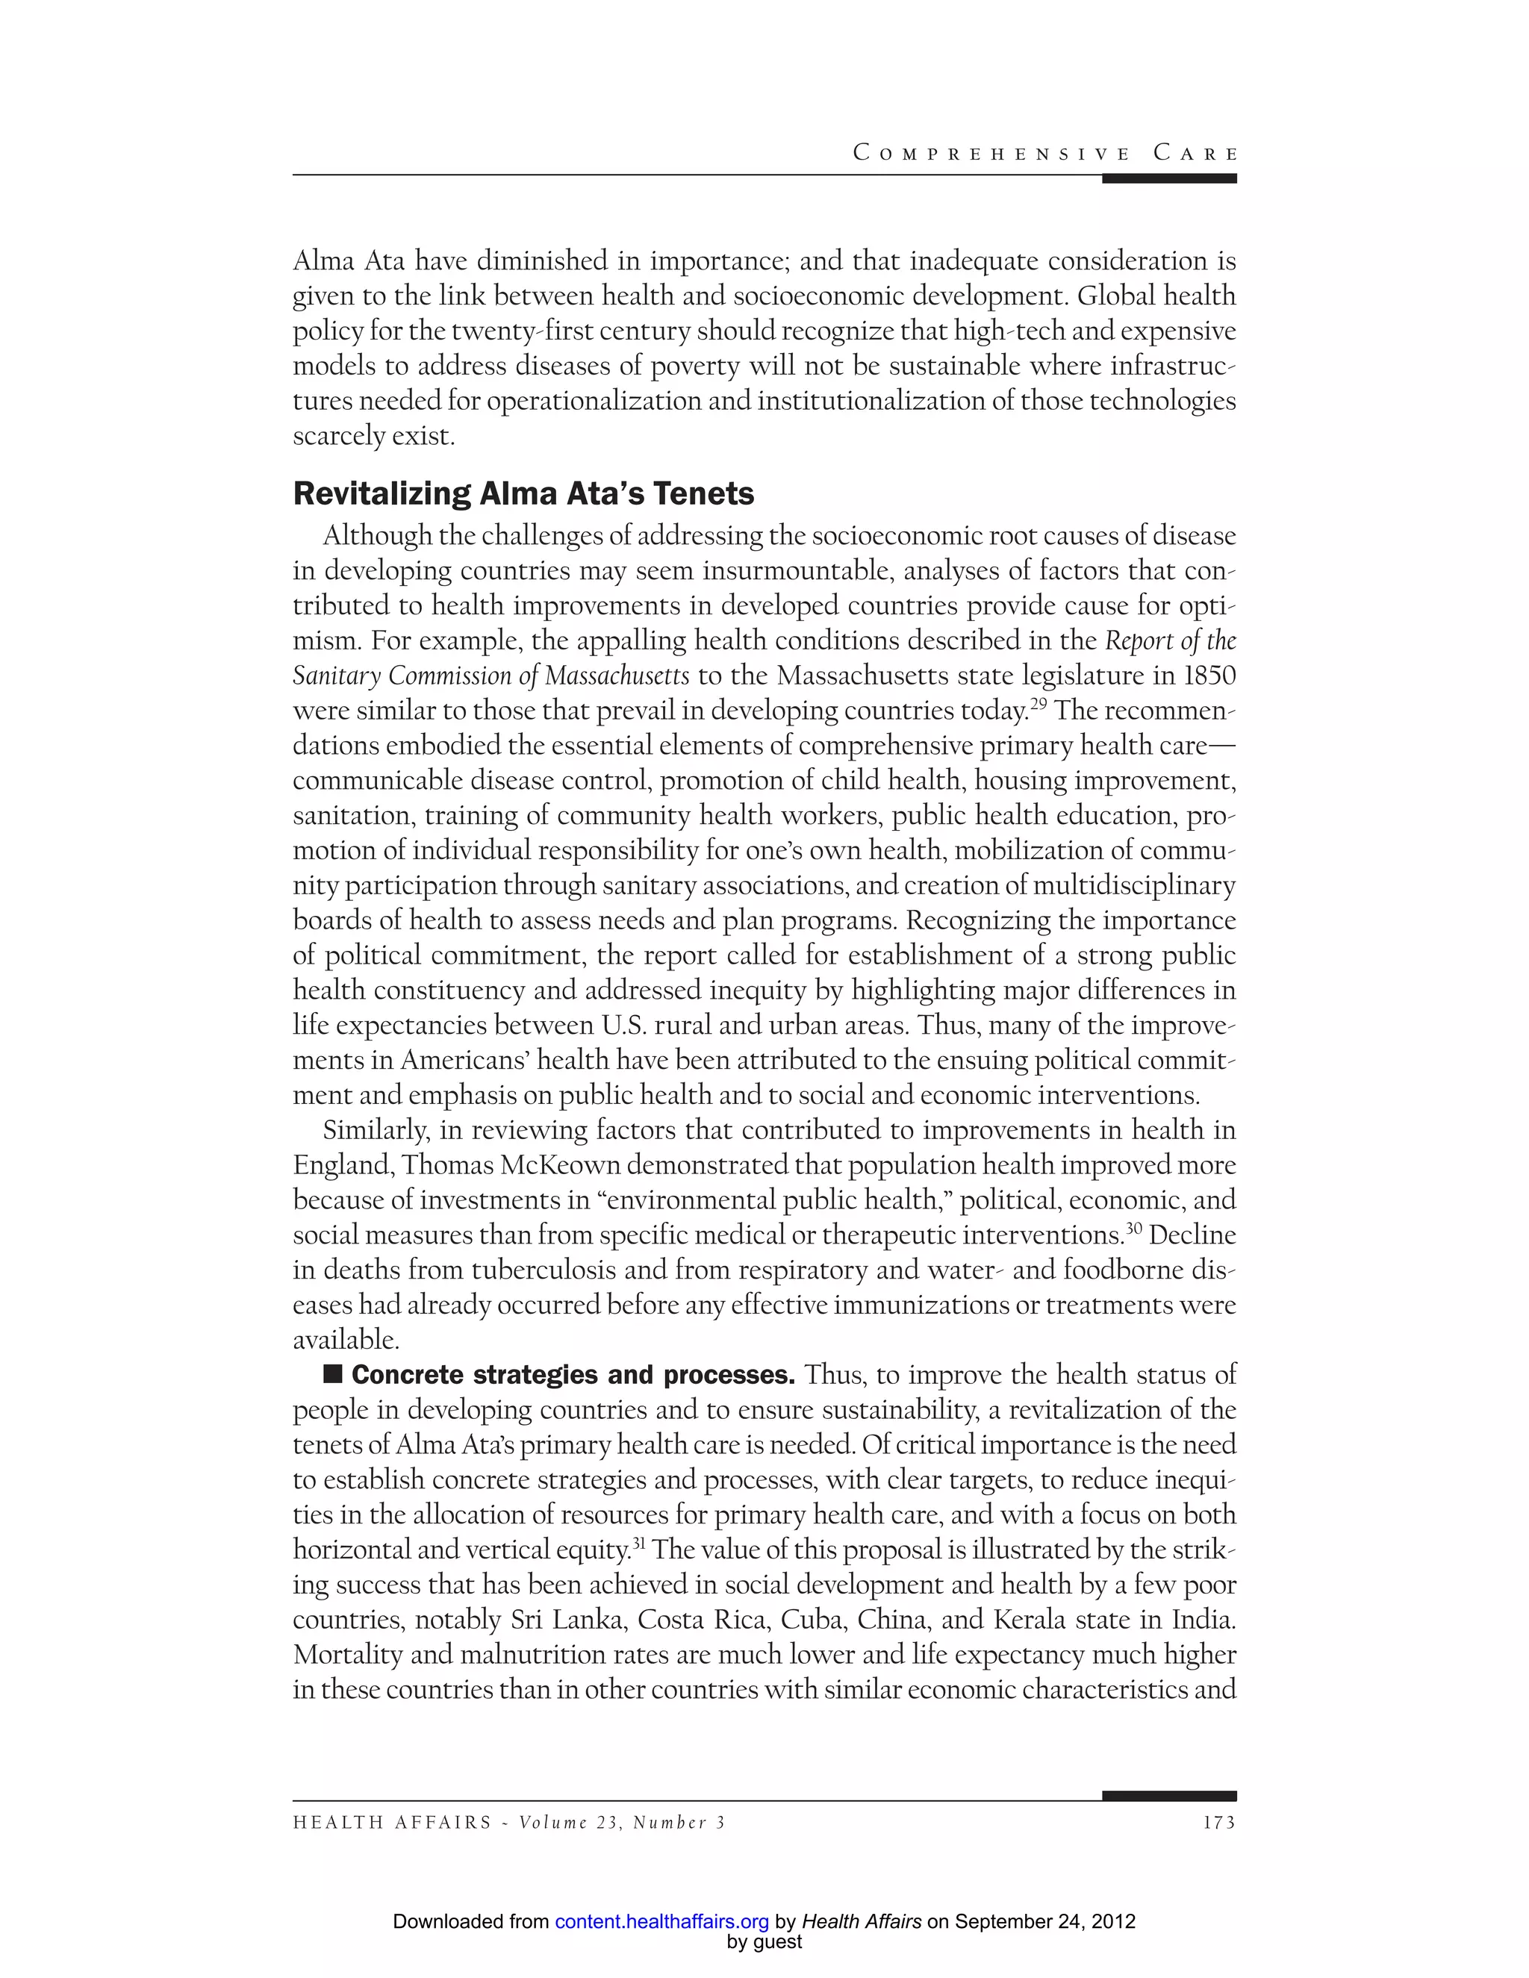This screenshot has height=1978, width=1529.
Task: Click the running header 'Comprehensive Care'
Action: point(1044,153)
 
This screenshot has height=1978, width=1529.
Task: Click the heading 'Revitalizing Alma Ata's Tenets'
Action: point(523,493)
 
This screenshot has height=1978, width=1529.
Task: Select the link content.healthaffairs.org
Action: point(661,1922)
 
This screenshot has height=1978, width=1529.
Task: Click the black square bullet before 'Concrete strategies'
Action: point(332,1374)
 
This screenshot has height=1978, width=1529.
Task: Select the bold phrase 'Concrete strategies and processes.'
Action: point(573,1375)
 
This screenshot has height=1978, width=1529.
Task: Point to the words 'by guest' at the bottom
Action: point(764,1941)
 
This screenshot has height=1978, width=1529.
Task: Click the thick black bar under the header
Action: point(1168,178)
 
